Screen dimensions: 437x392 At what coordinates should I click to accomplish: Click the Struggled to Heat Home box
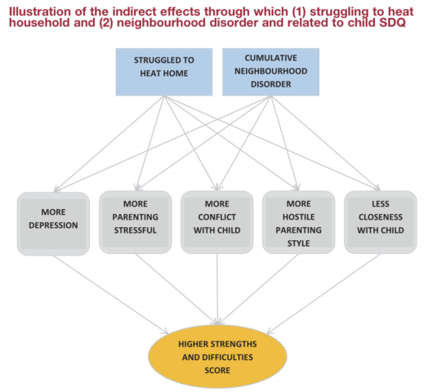(164, 72)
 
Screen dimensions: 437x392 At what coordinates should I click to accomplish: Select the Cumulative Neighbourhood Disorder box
(270, 72)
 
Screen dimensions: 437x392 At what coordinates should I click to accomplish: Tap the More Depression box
(53, 224)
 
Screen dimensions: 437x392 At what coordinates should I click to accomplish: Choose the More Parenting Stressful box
(135, 222)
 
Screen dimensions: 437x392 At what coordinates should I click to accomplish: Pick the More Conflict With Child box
(216, 222)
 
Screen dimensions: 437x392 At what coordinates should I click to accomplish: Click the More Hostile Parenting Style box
(298, 222)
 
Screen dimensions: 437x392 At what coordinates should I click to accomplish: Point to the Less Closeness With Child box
(381, 222)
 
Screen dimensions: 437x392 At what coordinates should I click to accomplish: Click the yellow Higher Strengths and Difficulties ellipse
(217, 357)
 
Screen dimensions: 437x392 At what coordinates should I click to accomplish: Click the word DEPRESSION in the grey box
(53, 225)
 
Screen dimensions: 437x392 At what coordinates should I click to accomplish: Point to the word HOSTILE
(299, 216)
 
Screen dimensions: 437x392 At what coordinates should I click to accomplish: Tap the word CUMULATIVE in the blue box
(271, 58)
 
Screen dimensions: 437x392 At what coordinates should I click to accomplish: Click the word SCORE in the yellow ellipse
(217, 370)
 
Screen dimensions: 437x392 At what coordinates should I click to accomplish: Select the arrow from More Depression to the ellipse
(111, 294)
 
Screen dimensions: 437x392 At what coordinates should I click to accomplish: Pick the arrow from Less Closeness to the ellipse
(323, 293)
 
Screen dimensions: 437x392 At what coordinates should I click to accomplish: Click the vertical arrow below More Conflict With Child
(217, 289)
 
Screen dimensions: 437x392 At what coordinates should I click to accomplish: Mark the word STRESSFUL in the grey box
(135, 230)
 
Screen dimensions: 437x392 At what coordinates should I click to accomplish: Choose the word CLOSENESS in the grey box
(381, 216)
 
